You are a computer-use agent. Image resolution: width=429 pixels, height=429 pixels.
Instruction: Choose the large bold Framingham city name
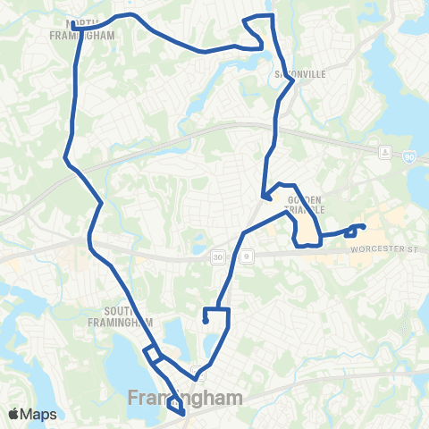(x=185, y=397)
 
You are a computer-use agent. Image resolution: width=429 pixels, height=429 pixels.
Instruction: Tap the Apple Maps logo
(x=32, y=414)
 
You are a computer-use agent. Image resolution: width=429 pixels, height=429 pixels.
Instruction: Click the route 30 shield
(x=219, y=257)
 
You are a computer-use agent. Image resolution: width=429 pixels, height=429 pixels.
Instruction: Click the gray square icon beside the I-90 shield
(x=385, y=150)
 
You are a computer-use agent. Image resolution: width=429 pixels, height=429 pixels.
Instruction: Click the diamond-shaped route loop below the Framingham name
(x=174, y=408)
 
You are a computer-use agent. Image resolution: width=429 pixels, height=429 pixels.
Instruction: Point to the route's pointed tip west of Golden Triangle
(x=262, y=198)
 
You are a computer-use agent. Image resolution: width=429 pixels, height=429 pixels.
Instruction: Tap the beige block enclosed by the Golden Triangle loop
(x=309, y=228)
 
